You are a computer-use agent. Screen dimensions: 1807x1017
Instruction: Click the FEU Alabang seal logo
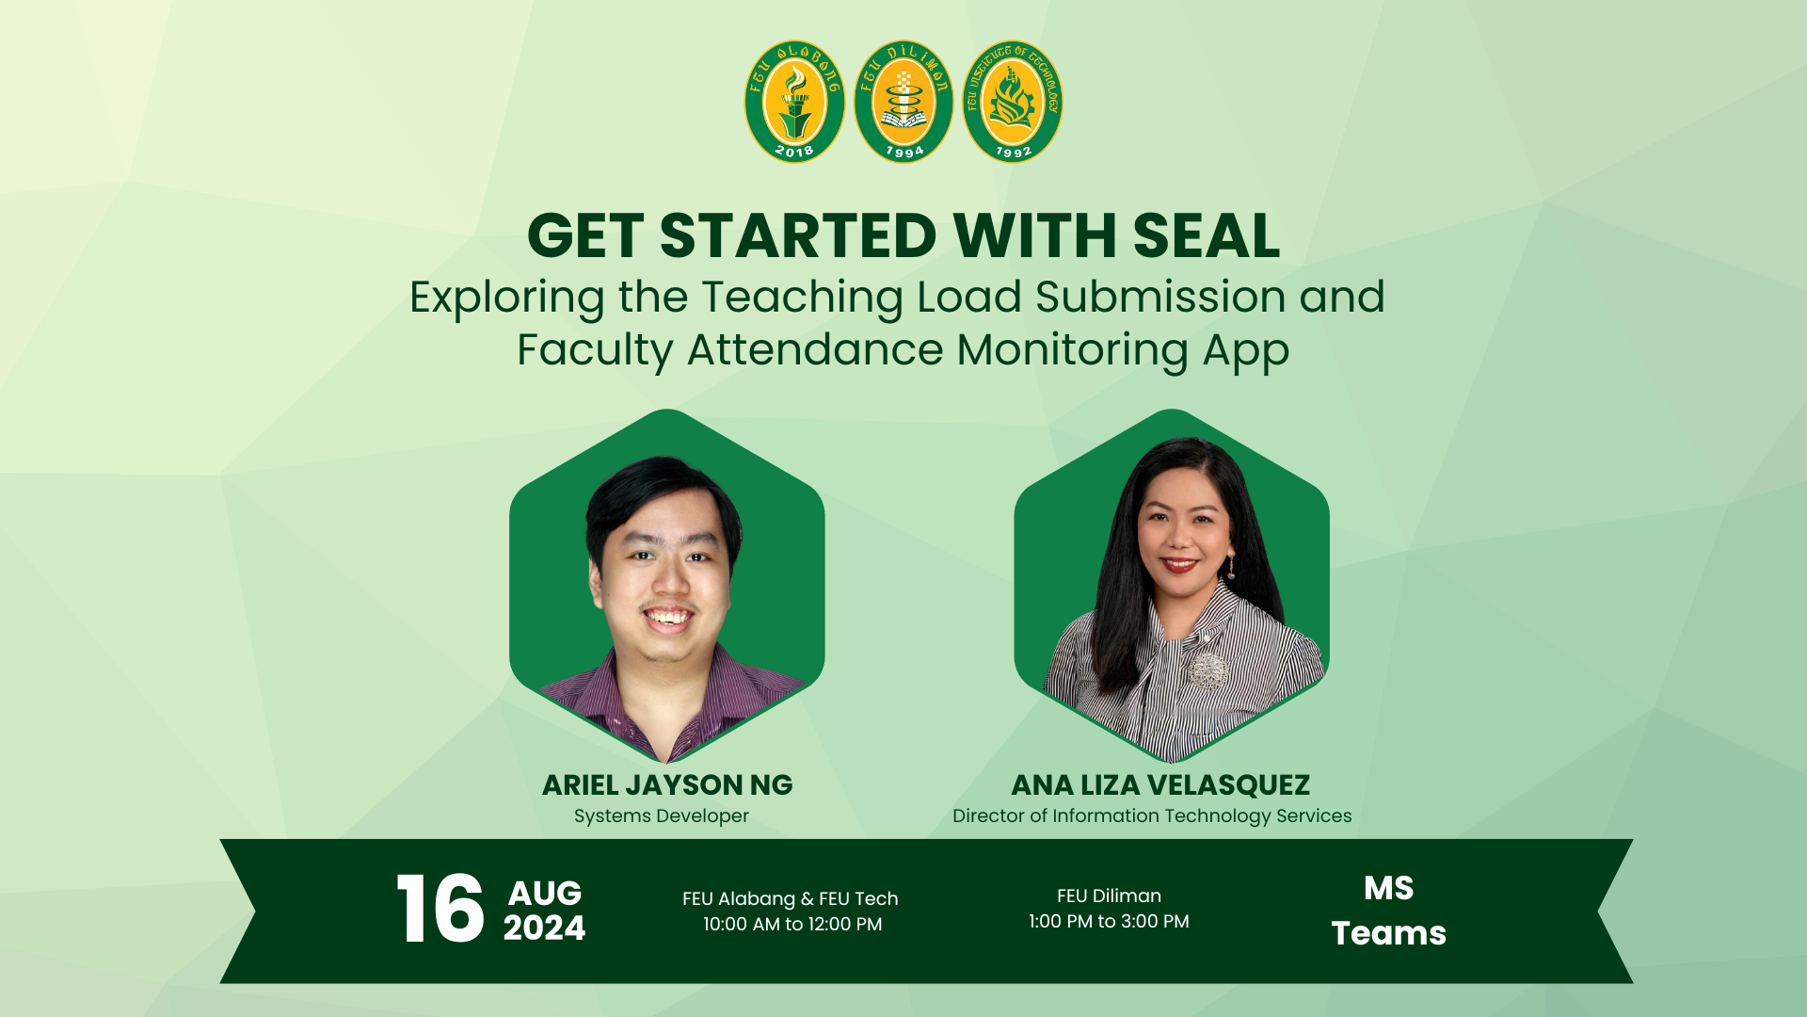[x=794, y=102]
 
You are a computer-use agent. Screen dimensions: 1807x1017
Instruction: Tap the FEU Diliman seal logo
[x=903, y=102]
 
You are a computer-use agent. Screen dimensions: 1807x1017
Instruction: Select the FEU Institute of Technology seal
[x=1013, y=102]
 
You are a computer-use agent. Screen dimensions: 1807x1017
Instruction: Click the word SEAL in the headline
[x=1207, y=235]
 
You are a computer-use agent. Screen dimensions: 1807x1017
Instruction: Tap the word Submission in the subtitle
[x=1160, y=297]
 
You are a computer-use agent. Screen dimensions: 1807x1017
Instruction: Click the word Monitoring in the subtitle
[x=1073, y=350]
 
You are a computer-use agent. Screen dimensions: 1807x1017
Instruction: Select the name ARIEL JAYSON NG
[x=667, y=784]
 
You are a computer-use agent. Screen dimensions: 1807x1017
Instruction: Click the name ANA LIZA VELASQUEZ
[x=1160, y=784]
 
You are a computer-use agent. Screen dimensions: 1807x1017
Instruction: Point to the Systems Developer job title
[x=662, y=815]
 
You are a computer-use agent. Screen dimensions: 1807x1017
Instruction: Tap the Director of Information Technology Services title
[x=1152, y=815]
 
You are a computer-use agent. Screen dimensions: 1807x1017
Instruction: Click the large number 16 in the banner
[x=440, y=909]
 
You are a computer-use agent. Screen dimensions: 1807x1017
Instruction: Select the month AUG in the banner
[x=545, y=893]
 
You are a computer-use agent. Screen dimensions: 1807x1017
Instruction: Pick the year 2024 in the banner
[x=544, y=928]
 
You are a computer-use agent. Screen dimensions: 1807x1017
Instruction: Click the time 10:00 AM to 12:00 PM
[x=792, y=924]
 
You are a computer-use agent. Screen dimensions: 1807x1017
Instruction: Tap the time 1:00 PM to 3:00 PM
[x=1109, y=921]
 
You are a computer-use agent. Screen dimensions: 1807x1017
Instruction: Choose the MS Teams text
[x=1389, y=910]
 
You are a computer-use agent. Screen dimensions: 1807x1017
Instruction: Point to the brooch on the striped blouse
[x=1207, y=670]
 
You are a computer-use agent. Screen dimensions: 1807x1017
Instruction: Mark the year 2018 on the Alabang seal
[x=793, y=151]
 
